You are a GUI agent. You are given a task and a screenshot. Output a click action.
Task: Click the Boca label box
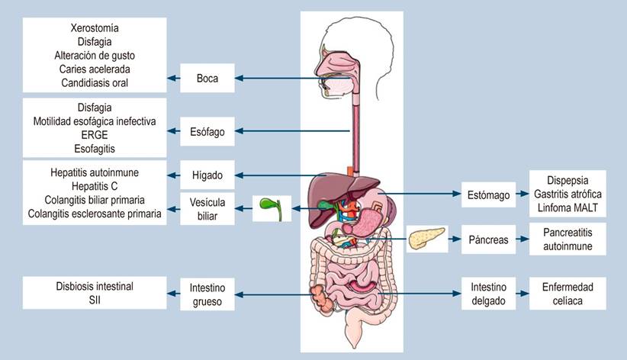click(x=207, y=78)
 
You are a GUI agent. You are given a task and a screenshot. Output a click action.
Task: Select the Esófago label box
click(x=207, y=132)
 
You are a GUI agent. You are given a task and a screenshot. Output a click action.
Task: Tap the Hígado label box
click(x=207, y=175)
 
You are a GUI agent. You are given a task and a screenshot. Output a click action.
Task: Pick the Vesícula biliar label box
click(x=207, y=209)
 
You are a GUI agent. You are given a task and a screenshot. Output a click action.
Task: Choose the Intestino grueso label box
click(x=207, y=294)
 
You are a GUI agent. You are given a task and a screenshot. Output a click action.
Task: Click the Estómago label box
click(x=488, y=194)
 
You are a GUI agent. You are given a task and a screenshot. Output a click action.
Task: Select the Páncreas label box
click(x=488, y=239)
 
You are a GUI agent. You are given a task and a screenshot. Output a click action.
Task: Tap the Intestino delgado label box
click(x=488, y=294)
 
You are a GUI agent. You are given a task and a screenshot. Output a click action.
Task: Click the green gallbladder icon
click(x=271, y=208)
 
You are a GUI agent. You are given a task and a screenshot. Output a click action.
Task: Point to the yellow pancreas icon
click(x=426, y=239)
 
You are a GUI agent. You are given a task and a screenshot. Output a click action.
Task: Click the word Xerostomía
click(x=95, y=28)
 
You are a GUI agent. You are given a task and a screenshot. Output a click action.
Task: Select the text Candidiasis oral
click(x=95, y=83)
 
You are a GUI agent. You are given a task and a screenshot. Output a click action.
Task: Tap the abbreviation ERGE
click(x=95, y=135)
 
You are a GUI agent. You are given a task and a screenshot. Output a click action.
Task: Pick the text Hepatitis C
click(x=95, y=186)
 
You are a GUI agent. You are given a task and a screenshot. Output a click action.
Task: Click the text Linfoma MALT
click(x=568, y=207)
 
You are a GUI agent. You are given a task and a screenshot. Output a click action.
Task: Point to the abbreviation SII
click(x=95, y=300)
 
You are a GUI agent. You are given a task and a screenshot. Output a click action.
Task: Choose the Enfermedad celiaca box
click(x=568, y=294)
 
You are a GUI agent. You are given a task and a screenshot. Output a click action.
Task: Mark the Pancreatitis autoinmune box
click(x=568, y=239)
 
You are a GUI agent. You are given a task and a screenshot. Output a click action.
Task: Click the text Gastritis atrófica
click(x=568, y=194)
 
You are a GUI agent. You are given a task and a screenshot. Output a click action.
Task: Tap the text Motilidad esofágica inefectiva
click(x=95, y=121)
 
